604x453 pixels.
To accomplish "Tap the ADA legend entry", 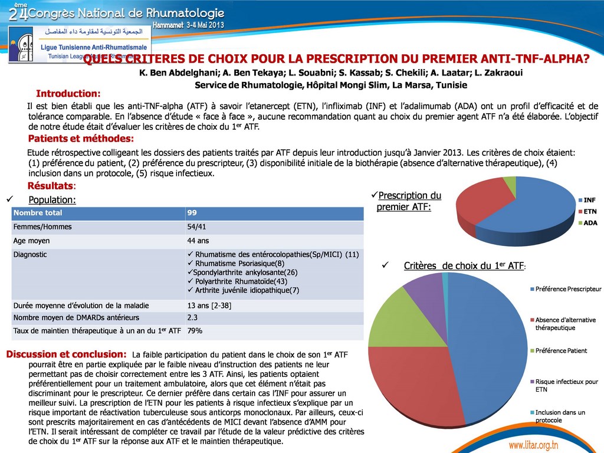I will (590, 223).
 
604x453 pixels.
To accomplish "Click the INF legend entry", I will (589, 200).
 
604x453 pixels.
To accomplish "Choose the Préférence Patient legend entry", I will (560, 351).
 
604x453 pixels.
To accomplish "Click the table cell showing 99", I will (192, 212).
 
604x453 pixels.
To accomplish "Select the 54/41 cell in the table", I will (196, 226).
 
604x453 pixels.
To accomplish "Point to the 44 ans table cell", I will (198, 241).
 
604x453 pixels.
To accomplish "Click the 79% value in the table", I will (195, 331).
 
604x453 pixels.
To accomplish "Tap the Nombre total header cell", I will (38, 212).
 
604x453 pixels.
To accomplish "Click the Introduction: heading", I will (68, 93).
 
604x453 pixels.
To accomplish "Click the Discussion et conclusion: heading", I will (66, 354).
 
